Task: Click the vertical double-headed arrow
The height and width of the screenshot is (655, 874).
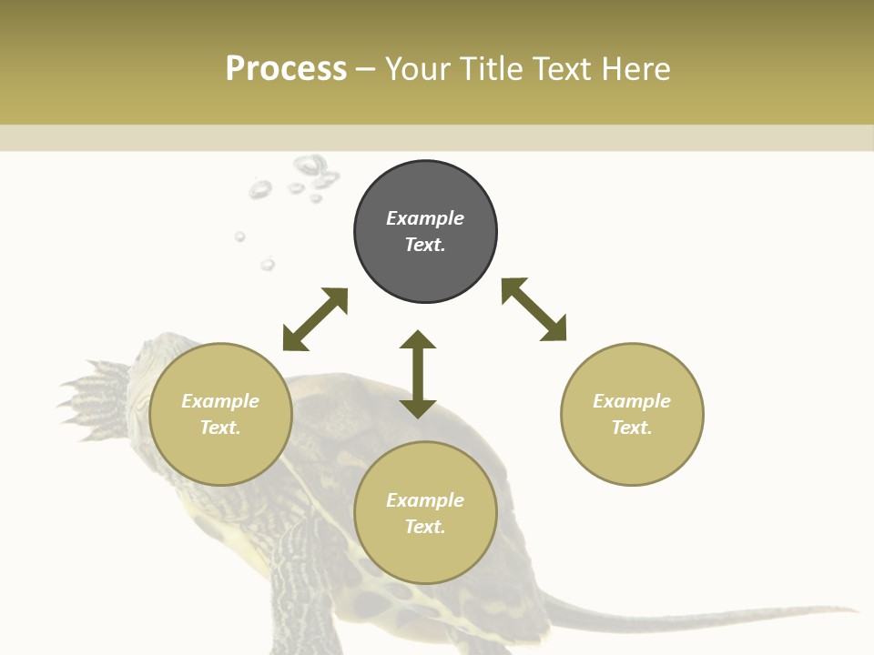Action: (x=418, y=374)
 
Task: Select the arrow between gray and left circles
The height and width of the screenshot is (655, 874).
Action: (x=315, y=318)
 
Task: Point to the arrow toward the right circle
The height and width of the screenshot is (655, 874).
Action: (x=534, y=309)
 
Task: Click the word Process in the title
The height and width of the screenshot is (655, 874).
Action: (x=286, y=69)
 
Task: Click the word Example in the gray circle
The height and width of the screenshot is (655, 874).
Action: (x=425, y=218)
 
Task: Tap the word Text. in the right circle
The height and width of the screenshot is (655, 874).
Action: (x=632, y=427)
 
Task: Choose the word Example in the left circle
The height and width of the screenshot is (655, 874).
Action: (x=220, y=401)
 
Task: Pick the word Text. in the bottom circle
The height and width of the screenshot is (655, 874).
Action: (x=425, y=527)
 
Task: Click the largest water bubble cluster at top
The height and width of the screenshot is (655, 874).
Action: (x=311, y=169)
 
